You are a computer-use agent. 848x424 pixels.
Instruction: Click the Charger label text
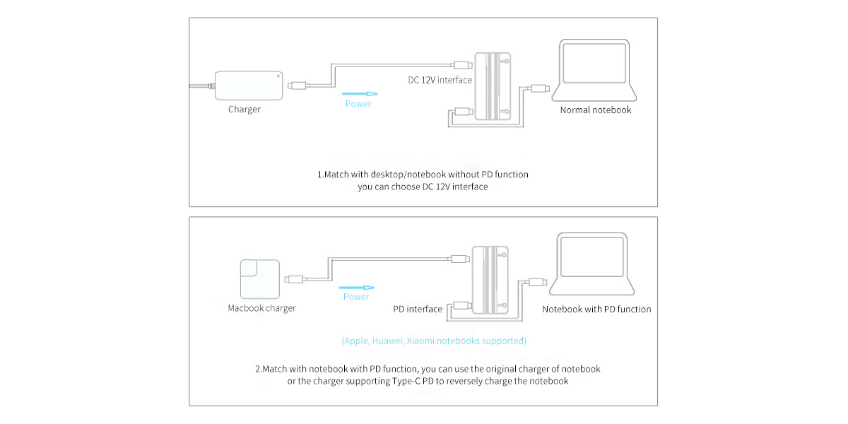(x=244, y=110)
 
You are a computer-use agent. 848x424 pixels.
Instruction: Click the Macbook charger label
(x=261, y=308)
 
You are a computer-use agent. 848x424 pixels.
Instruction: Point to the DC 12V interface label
(x=440, y=80)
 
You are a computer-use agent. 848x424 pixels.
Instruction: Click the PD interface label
(x=418, y=309)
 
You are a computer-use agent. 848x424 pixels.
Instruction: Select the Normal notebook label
(x=596, y=110)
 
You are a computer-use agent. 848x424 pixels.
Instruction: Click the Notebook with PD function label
(x=596, y=309)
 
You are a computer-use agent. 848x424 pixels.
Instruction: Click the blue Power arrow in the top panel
(x=359, y=93)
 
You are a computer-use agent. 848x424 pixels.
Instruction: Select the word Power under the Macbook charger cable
(x=356, y=297)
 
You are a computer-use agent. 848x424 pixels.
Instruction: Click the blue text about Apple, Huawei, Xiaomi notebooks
(x=434, y=341)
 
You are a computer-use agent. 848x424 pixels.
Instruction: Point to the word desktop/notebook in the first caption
(x=402, y=174)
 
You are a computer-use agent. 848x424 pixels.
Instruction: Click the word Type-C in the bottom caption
(x=406, y=381)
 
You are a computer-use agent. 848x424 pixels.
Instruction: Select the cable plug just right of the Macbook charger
(x=295, y=279)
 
